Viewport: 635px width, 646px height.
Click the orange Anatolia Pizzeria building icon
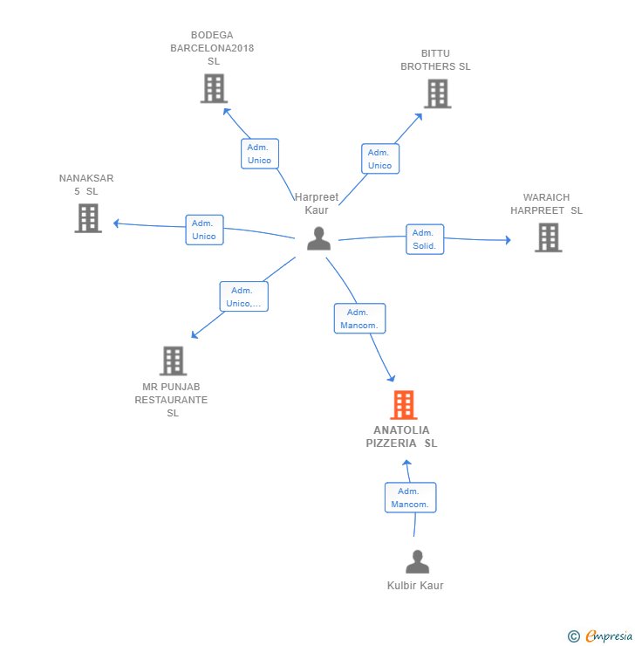coord(403,404)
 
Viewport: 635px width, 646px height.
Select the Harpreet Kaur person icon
coord(318,238)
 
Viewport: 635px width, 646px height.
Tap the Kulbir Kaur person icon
coord(417,561)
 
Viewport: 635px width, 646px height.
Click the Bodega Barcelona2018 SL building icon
coord(214,88)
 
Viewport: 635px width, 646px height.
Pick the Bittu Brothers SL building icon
coord(438,94)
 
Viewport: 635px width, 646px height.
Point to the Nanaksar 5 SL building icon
coord(88,218)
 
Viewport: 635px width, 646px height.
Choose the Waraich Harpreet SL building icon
coord(548,237)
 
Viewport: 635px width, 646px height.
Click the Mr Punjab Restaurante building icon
coord(173,361)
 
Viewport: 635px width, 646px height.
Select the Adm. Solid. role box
coord(425,239)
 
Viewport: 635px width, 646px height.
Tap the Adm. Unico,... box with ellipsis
coord(243,297)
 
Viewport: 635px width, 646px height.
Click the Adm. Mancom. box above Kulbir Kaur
coord(410,498)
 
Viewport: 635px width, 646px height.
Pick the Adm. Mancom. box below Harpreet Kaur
coord(359,319)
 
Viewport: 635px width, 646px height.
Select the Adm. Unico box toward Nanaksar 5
coord(204,230)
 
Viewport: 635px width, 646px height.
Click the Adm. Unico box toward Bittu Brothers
coord(380,159)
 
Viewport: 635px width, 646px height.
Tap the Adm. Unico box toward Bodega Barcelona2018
coord(260,154)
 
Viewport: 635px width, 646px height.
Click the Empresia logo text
coord(609,636)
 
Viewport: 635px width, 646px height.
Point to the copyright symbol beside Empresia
coord(574,636)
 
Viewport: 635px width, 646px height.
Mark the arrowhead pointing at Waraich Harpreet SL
coord(509,240)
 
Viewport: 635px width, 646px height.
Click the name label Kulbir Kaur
coord(415,586)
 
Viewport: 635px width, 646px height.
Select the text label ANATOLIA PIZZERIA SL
coord(401,436)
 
